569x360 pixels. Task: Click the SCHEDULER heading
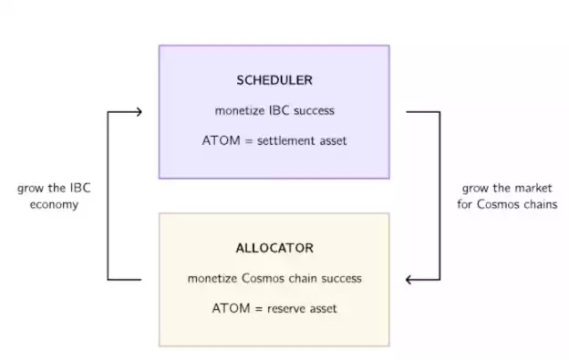pos(274,80)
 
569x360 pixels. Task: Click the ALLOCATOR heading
pos(274,248)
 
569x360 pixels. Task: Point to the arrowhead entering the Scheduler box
pos(138,112)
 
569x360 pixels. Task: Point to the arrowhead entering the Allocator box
pos(410,279)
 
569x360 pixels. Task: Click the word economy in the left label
pos(54,204)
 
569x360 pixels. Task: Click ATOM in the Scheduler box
pos(218,141)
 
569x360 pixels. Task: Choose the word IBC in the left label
pos(80,188)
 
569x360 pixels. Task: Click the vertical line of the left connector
pos(108,196)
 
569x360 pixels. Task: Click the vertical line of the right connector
pos(440,196)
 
